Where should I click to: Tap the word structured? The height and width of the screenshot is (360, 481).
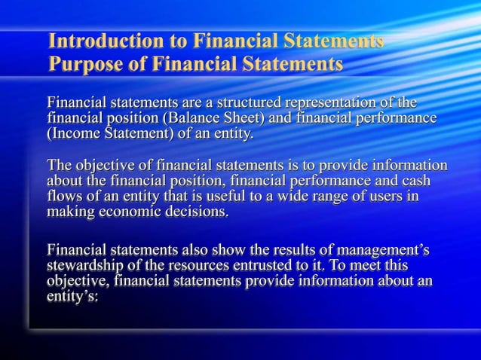[245, 102]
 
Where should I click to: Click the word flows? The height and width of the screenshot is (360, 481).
[63, 197]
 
